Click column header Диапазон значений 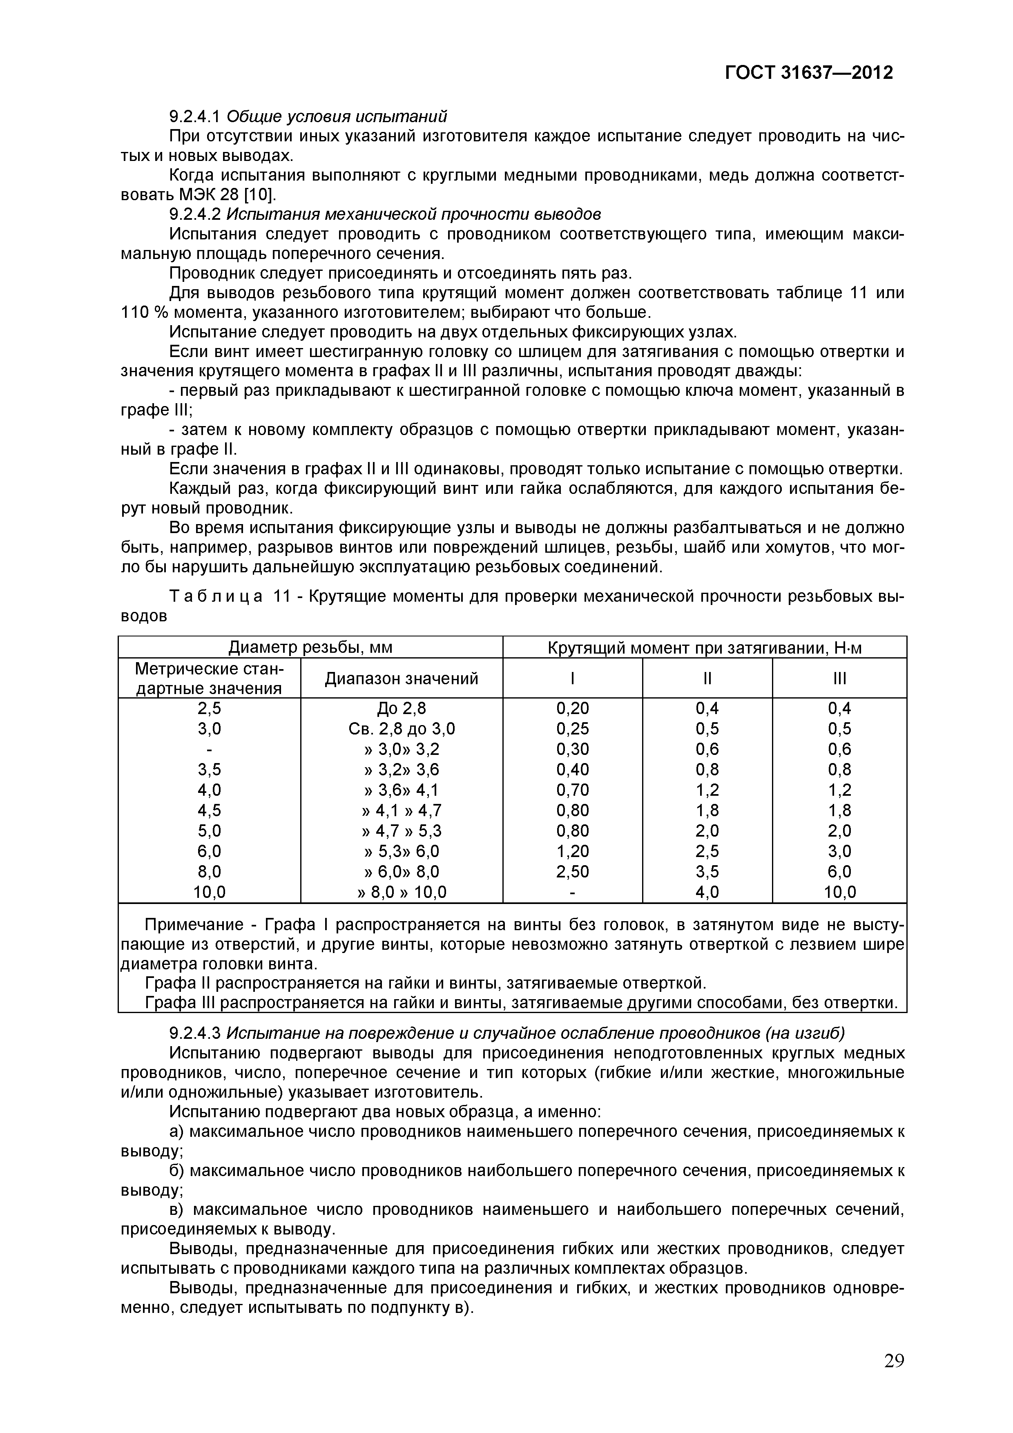[402, 679]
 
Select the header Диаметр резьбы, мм [310, 647]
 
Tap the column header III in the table [839, 679]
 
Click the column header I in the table [572, 679]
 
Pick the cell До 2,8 [402, 708]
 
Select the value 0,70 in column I [572, 790]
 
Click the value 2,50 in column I [572, 872]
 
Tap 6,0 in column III [839, 872]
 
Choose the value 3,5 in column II [707, 872]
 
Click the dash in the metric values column [209, 749]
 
